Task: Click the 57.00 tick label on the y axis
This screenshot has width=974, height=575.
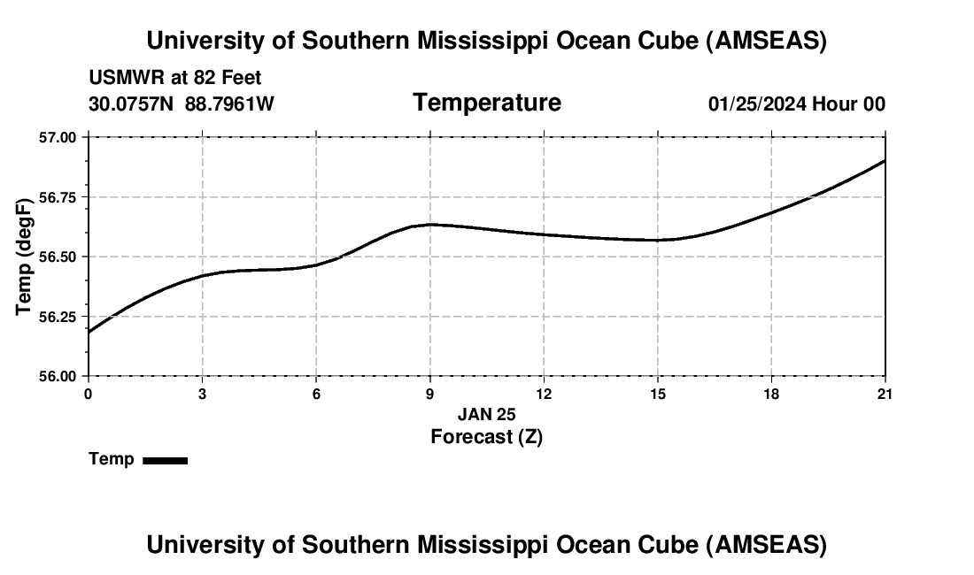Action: tap(58, 137)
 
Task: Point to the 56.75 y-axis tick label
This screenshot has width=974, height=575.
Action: tap(58, 197)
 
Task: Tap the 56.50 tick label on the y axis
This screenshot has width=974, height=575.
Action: tap(58, 257)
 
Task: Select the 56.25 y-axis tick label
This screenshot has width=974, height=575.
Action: tap(58, 317)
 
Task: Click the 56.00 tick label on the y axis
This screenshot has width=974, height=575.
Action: tap(58, 376)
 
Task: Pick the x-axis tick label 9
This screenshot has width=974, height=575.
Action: tap(430, 394)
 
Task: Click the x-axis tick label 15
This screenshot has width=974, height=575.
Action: tap(658, 394)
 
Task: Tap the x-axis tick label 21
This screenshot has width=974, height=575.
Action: tap(885, 394)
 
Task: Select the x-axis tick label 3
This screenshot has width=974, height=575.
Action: tap(203, 394)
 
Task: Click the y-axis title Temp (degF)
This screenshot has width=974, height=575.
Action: tap(25, 257)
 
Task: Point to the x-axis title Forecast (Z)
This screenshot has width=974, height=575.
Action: tap(486, 436)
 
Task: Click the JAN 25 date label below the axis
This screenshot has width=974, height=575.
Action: tap(486, 414)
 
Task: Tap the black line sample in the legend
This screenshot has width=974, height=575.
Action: tap(165, 460)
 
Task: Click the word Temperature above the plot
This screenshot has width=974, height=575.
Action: tap(487, 103)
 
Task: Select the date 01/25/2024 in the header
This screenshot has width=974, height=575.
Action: tap(756, 104)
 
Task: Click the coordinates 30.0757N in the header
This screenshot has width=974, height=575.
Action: tap(134, 104)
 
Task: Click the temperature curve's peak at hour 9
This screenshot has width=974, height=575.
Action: tap(430, 225)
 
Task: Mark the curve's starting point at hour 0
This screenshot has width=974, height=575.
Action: tap(89, 332)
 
